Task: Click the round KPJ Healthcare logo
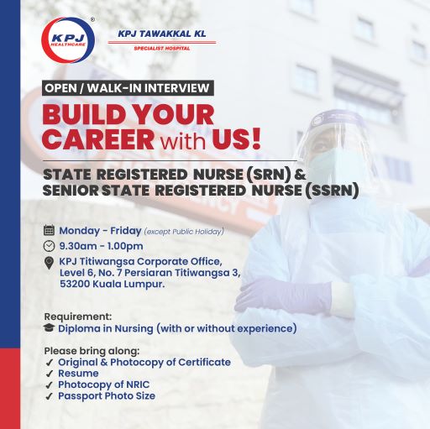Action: tap(68, 40)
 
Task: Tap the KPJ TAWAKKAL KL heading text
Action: tap(162, 34)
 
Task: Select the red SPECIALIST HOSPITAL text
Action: tap(162, 49)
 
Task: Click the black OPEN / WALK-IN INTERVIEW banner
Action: tap(128, 88)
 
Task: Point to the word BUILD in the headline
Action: tap(84, 114)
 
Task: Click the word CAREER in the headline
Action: tap(98, 139)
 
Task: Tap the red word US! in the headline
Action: tap(237, 139)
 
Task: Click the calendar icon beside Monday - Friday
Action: tap(49, 230)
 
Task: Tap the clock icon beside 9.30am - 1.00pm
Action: tap(49, 246)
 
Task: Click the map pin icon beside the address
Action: tap(49, 263)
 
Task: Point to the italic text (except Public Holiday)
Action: tap(184, 232)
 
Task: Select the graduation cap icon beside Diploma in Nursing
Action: tap(49, 327)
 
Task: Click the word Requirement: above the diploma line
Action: tap(78, 317)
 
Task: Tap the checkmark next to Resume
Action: tap(50, 374)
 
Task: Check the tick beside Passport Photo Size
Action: tap(50, 396)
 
